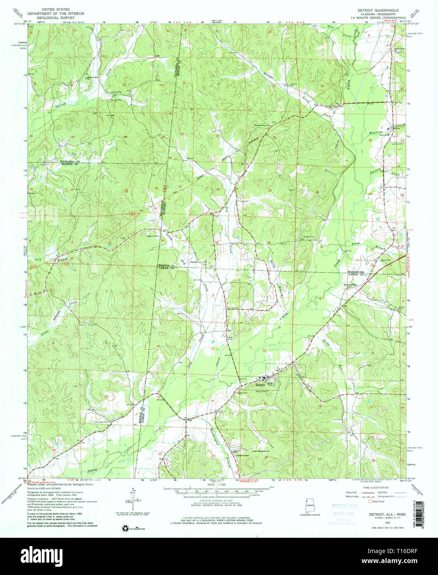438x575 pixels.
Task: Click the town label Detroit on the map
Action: click(x=260, y=384)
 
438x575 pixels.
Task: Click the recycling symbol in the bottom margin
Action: click(x=124, y=528)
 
